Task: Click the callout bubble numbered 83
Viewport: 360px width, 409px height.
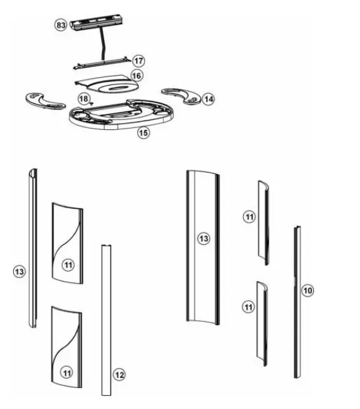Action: click(61, 25)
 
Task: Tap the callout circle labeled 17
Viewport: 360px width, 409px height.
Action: click(139, 61)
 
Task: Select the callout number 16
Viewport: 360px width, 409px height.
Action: click(137, 76)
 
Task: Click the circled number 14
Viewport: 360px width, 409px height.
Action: click(208, 98)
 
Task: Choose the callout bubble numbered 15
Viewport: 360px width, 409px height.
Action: click(144, 133)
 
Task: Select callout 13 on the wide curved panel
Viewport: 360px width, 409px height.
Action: click(203, 238)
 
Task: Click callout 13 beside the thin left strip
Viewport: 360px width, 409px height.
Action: click(19, 272)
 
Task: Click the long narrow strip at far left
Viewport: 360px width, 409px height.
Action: click(31, 249)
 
